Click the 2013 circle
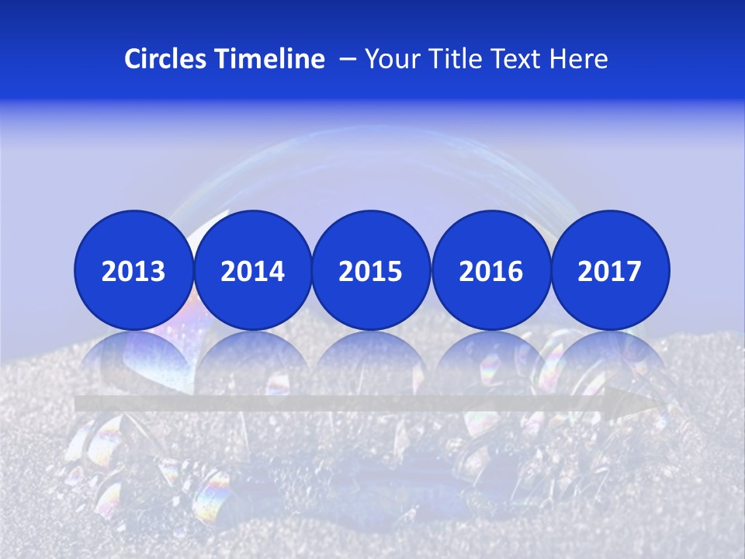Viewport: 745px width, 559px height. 133,270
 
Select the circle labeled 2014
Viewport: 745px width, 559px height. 252,270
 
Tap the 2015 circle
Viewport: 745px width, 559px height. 371,270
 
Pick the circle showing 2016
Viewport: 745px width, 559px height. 490,270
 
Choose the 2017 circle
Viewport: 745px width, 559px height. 610,270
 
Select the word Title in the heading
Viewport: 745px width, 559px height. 456,59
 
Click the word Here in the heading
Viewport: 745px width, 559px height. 579,59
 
